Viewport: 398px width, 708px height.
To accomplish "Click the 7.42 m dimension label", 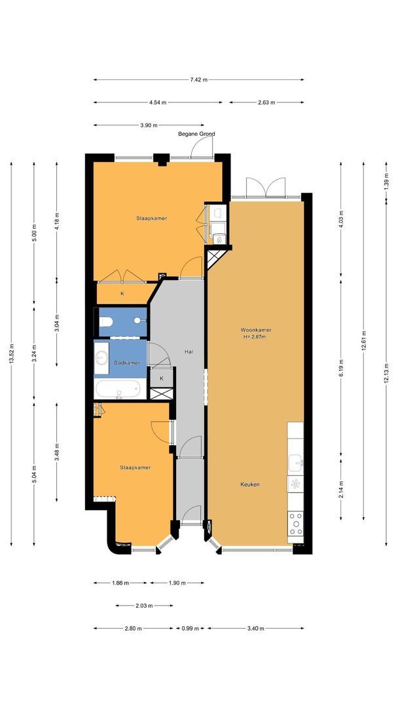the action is tap(199, 80).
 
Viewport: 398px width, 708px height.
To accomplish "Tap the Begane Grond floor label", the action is tap(196, 134).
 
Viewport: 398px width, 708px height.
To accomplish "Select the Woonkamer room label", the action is tap(255, 330).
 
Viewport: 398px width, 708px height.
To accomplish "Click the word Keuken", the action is tap(249, 484).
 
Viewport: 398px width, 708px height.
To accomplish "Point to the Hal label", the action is tap(189, 351).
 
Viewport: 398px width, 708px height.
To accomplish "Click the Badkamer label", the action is tap(127, 363).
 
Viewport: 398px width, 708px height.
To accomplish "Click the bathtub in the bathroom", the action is tap(120, 389).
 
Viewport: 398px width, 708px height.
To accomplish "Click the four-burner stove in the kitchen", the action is tap(296, 523).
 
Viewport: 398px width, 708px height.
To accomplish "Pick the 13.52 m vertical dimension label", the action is tap(11, 353).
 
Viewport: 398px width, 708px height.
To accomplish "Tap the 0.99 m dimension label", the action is tap(190, 628).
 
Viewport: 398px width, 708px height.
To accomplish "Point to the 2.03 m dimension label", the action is tap(144, 606).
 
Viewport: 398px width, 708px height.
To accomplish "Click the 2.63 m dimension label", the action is tap(266, 102).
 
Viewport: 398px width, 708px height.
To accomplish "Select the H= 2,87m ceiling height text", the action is tap(255, 336).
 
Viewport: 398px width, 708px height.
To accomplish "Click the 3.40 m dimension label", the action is tap(255, 628).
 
